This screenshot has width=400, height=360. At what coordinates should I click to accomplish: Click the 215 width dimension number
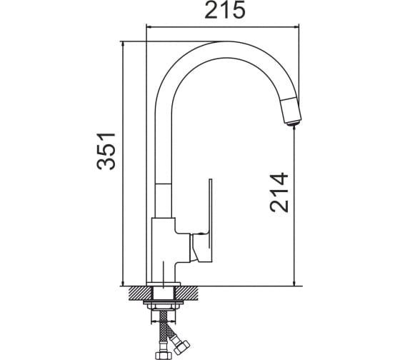[x=225, y=10]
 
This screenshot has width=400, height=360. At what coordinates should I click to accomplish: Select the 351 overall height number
[x=106, y=151]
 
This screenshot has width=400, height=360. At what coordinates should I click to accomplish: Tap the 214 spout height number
[x=279, y=192]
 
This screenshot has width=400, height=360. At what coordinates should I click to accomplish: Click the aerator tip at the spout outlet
[x=293, y=124]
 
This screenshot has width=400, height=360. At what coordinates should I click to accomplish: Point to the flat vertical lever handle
[x=211, y=220]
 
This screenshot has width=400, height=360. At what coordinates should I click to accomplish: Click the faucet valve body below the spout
[x=164, y=250]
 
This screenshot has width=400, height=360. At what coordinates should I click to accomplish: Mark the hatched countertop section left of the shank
[x=141, y=293]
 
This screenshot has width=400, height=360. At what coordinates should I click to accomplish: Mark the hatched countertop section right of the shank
[x=187, y=293]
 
